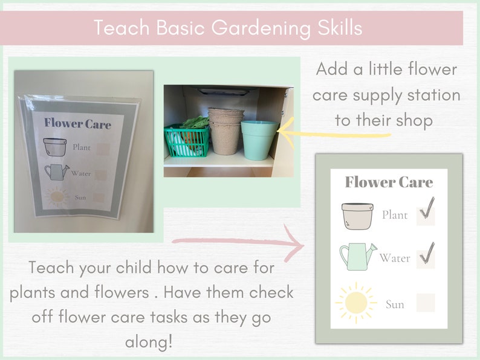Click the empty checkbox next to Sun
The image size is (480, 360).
[x=426, y=302]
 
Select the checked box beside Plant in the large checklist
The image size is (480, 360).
[x=426, y=214]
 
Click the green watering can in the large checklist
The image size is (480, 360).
[x=357, y=256]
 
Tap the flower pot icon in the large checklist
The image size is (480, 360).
[x=357, y=215]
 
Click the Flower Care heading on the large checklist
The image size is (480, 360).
[x=389, y=182]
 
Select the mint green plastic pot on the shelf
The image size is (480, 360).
[x=258, y=139]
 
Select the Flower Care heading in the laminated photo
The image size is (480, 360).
[x=77, y=124]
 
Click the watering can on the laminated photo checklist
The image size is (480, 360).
[x=56, y=172]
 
